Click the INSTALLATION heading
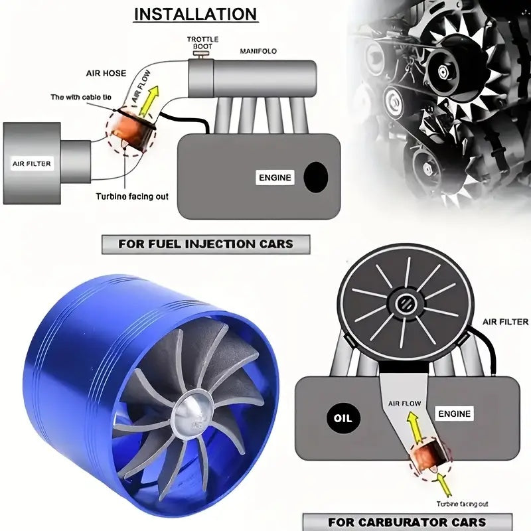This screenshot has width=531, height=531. (195, 14)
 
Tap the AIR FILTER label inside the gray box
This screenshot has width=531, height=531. (31, 163)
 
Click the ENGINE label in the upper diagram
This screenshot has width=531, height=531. (274, 177)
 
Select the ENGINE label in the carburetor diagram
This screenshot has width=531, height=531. (455, 414)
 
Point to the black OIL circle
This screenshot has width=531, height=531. (344, 419)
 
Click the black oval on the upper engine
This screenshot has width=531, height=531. (316, 177)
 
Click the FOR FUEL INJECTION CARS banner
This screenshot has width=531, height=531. (206, 244)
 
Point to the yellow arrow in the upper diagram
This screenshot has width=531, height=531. (151, 102)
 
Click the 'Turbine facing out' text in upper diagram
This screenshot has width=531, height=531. (132, 196)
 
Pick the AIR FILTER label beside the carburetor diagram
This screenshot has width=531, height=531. (506, 321)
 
